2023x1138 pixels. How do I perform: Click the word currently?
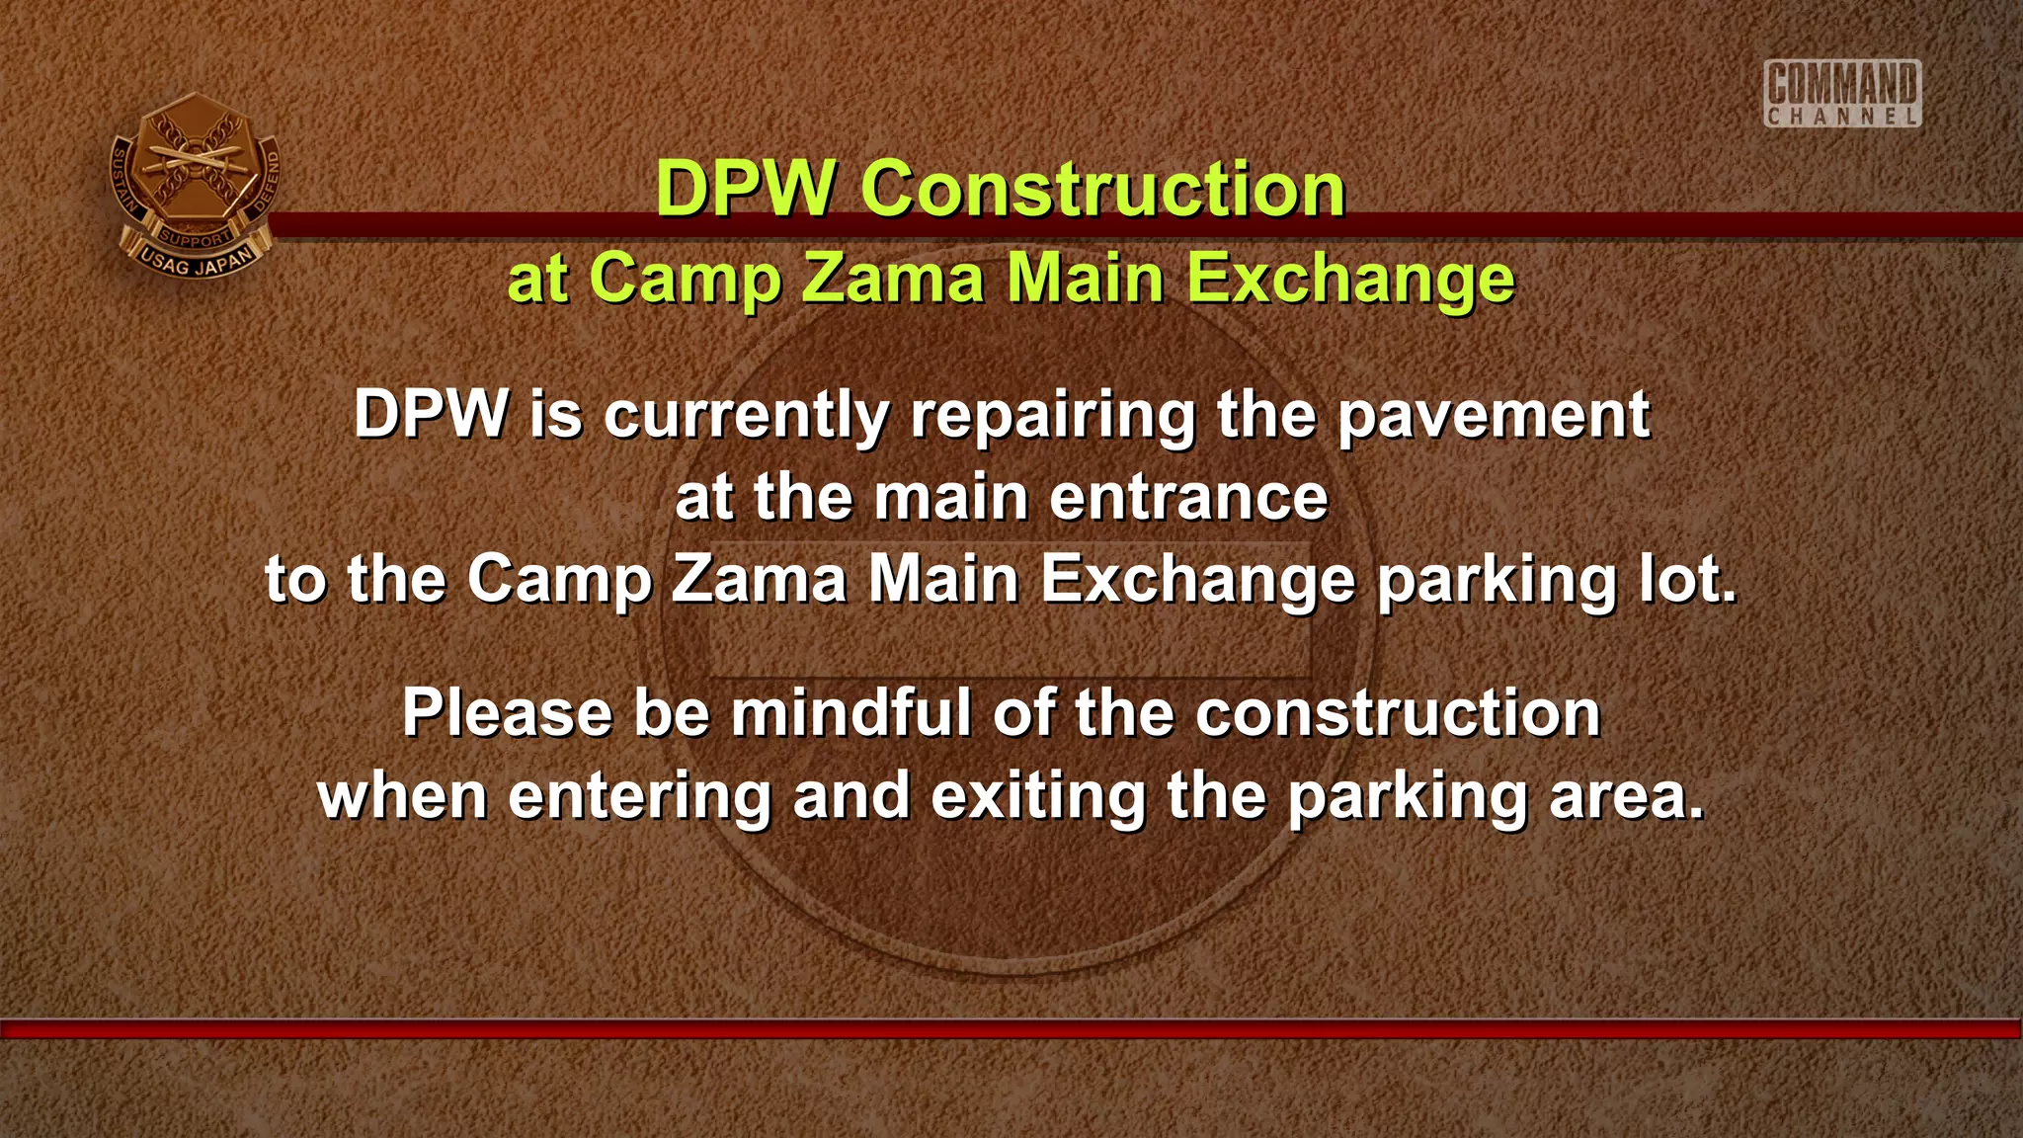click(x=747, y=416)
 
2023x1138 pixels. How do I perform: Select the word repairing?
click(x=1053, y=416)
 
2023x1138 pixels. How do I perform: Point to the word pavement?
click(x=1494, y=416)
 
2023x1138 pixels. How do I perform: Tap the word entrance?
click(x=1188, y=497)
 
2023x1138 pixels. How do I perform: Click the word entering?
click(x=640, y=796)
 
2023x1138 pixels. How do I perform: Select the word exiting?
click(x=1038, y=796)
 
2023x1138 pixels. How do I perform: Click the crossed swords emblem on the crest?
click(x=194, y=158)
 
